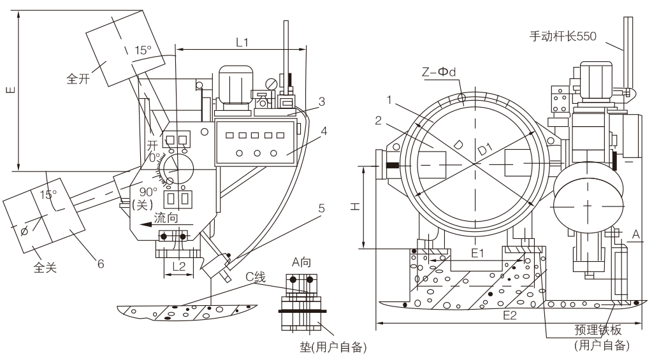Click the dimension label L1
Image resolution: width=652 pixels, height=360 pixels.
pos(242,43)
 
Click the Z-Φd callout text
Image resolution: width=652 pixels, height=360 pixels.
pos(444,72)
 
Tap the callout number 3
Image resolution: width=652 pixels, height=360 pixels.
pos(322,101)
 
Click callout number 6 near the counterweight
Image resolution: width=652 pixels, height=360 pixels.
pos(101,261)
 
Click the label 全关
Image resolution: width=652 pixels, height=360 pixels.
pos(47,268)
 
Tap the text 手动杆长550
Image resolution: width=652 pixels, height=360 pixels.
pos(561,36)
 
